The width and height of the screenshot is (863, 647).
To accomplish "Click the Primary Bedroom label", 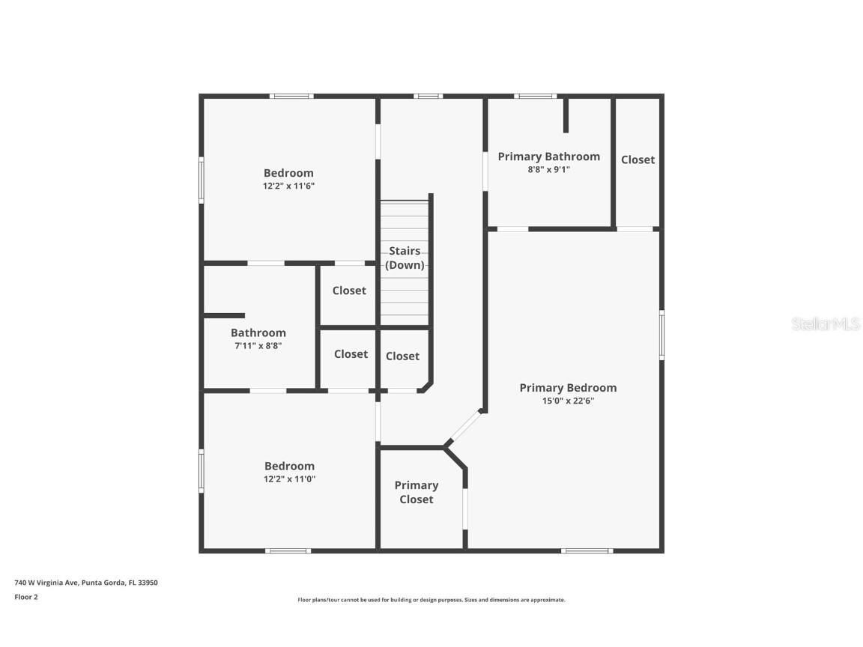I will point(568,387).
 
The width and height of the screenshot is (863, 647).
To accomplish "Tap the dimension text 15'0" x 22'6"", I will point(568,401).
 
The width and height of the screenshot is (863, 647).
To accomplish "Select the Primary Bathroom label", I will point(548,156).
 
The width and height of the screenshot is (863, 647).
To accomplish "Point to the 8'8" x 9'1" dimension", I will point(548,169).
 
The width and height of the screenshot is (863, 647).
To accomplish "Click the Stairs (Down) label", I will point(404,258).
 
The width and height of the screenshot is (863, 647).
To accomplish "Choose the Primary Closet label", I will point(417,492).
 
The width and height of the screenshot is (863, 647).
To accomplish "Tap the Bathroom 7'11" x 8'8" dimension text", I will point(258,346).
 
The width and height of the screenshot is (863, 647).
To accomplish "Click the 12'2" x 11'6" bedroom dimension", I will point(288,186).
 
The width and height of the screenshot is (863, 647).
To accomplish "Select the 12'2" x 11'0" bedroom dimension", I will point(289,479).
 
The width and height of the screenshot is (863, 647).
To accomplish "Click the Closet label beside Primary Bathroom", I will point(638,160).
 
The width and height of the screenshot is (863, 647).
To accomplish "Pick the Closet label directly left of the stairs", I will point(349,291).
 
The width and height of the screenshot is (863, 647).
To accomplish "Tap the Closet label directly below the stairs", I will point(402,356).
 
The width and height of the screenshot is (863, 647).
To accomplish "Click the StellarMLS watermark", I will point(826,323).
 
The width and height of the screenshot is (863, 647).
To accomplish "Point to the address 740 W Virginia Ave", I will point(86,582).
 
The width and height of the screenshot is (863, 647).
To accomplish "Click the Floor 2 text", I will point(26,597).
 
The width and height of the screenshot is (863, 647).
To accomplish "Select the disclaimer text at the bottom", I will point(431,600).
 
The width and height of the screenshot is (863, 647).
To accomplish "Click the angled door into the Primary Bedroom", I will point(464,428).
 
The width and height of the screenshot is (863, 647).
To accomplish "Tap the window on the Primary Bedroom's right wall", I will point(661,335).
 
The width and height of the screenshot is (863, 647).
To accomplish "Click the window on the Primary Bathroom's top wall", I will point(535,96).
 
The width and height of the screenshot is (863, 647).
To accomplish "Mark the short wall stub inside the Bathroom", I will point(224,315).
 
